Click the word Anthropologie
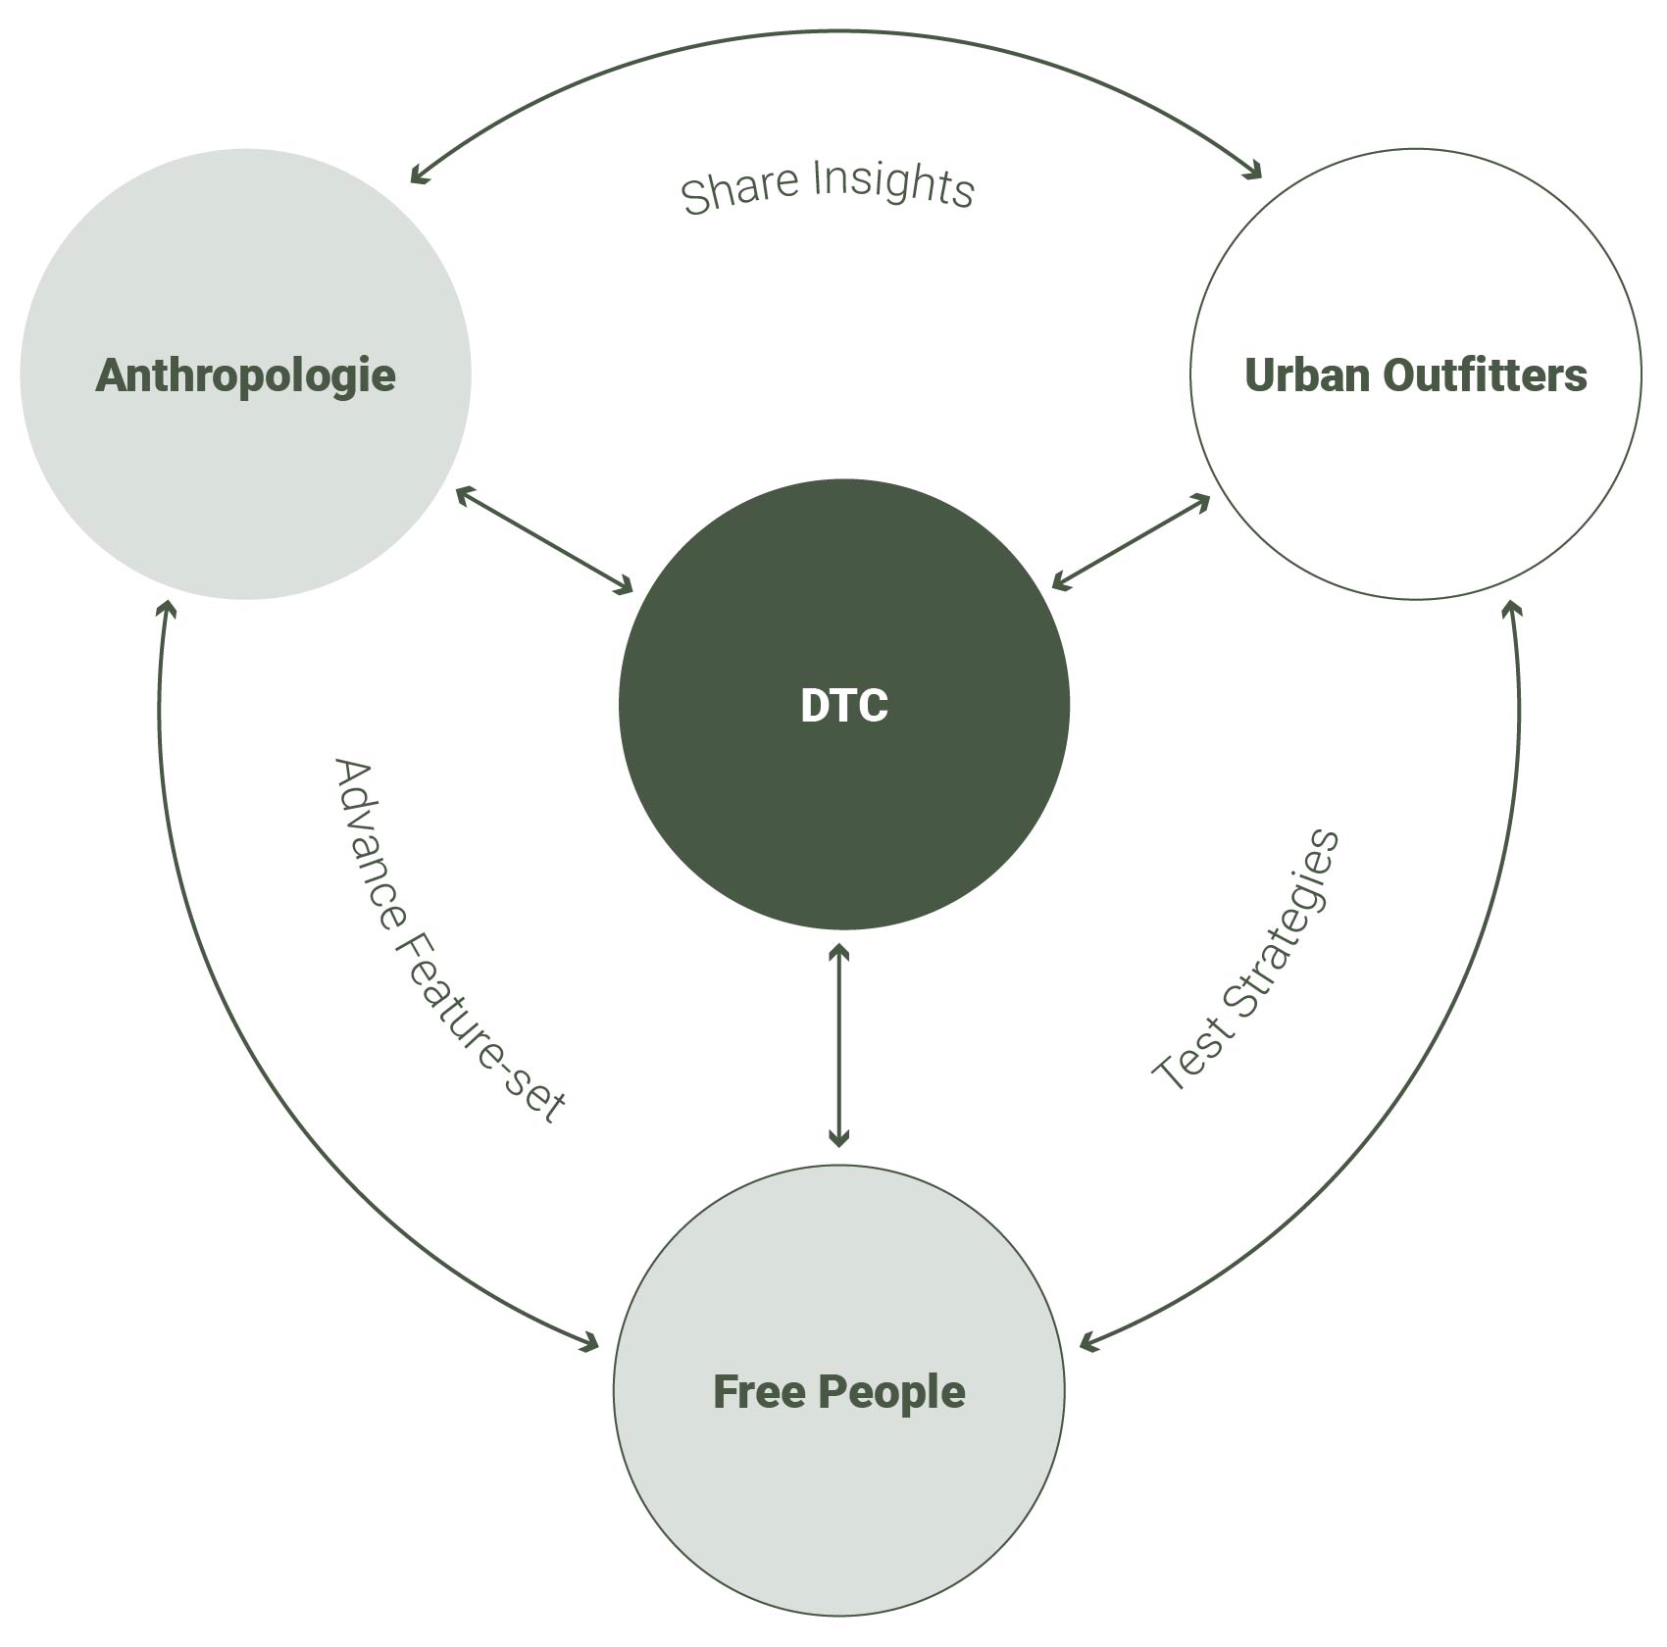245,375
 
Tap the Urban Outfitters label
1415,375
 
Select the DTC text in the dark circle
843,706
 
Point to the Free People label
838,1392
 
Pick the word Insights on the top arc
894,183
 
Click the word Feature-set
480,1029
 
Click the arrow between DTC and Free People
838,1044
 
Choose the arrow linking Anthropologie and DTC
545,540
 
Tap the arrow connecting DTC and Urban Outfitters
1131,541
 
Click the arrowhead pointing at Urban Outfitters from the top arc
1254,173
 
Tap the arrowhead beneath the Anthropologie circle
167,611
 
